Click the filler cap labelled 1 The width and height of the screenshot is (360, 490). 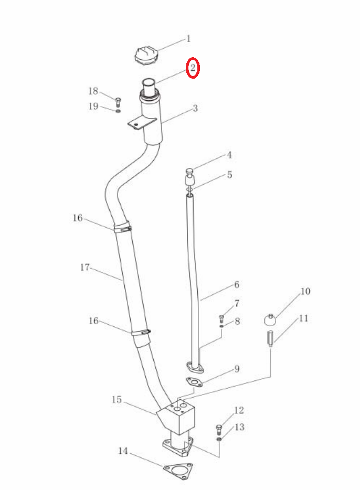click(x=145, y=56)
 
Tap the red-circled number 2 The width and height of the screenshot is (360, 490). click(x=193, y=68)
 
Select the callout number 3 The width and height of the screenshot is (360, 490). click(x=195, y=109)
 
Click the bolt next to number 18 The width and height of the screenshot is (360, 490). click(x=118, y=102)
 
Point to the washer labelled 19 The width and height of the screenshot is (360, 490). click(x=118, y=111)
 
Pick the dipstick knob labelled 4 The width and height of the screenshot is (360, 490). click(x=189, y=171)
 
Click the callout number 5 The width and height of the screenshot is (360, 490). click(x=230, y=175)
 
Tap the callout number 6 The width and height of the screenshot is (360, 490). click(x=237, y=285)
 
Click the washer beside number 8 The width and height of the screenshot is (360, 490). click(x=221, y=326)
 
